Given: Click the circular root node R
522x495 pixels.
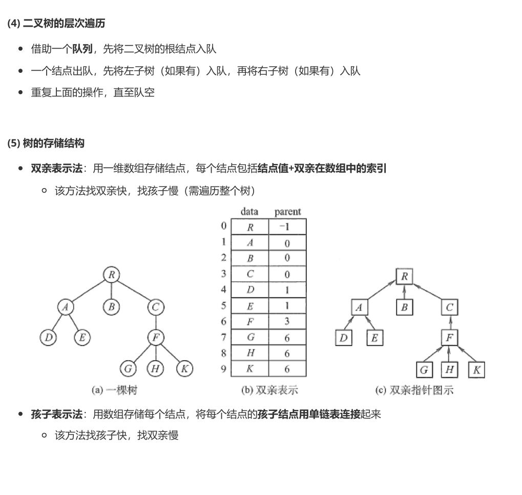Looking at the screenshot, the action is (x=111, y=275).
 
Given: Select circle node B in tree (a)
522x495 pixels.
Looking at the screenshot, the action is (x=111, y=307).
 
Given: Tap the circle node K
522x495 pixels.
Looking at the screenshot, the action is (x=185, y=368).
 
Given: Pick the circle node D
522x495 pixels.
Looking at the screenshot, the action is (x=49, y=337).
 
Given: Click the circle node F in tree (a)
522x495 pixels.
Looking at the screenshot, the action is (x=156, y=337).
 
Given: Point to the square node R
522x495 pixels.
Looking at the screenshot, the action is (x=404, y=277).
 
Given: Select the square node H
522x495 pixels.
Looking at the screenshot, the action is (x=449, y=369).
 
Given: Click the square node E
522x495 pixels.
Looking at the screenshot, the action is (x=374, y=338).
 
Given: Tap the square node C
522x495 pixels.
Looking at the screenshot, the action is (x=449, y=307).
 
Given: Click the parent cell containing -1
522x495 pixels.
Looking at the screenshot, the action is (x=287, y=227).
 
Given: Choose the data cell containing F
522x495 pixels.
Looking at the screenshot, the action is (x=250, y=322).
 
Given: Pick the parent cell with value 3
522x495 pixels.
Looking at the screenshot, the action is (x=287, y=322).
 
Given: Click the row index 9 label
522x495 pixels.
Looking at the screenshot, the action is (x=223, y=369).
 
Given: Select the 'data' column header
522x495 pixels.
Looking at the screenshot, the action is (x=249, y=212).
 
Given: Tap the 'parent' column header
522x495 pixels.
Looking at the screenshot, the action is (x=287, y=212).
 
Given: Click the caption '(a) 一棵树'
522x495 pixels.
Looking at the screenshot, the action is (x=114, y=390).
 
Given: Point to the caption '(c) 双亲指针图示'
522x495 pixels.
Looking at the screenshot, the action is (x=414, y=390).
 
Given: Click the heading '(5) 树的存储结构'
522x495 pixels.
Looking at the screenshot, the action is (x=46, y=143).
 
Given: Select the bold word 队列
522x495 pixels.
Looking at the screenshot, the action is (x=82, y=49).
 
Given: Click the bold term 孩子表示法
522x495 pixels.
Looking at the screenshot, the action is (x=56, y=414).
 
